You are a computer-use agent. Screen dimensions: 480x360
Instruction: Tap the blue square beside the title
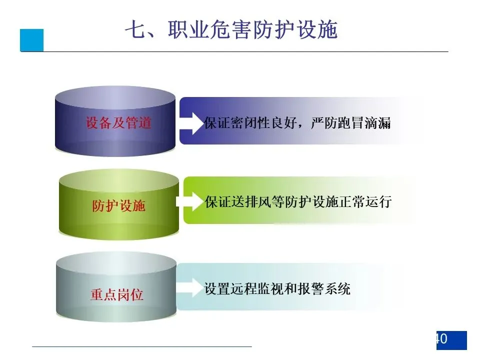pos(32,40)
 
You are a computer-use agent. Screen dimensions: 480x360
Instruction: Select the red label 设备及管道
pos(118,123)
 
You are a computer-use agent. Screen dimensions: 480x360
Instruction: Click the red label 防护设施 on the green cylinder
pos(118,205)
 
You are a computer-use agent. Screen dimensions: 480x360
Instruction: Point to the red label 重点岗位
pos(116,294)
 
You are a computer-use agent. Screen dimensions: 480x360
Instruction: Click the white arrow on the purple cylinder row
pos(189,123)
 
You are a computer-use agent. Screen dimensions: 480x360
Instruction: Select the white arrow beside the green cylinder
pos(190,202)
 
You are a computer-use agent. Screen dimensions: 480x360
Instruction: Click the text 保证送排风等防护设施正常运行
pos(298,202)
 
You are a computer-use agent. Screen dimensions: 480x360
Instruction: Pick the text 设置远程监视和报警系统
pos(277,288)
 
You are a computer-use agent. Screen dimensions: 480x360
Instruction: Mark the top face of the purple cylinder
pos(115,97)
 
